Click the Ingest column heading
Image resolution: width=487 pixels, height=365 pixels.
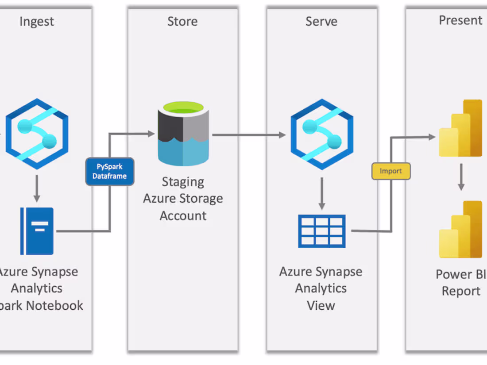tap(36, 22)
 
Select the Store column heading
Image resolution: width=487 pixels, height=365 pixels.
tap(182, 22)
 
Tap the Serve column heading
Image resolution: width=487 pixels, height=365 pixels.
tap(321, 22)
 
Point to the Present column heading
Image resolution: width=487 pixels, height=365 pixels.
tap(460, 20)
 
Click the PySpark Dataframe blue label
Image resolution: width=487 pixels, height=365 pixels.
tap(109, 172)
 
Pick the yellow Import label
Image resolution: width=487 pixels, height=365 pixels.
tap(391, 171)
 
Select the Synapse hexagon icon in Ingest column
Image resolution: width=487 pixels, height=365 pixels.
tap(37, 134)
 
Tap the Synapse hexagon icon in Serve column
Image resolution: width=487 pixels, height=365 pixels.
tap(322, 134)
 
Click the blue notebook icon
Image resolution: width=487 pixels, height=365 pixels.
tap(37, 231)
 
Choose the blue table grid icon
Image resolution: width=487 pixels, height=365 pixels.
tap(322, 231)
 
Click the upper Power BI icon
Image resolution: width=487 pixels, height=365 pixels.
tap(460, 128)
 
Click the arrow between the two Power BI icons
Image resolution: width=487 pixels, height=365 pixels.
tap(461, 177)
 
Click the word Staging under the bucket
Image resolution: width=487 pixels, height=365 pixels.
tap(183, 182)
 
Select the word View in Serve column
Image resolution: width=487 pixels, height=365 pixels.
tap(321, 305)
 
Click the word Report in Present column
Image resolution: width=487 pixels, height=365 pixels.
tap(460, 291)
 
